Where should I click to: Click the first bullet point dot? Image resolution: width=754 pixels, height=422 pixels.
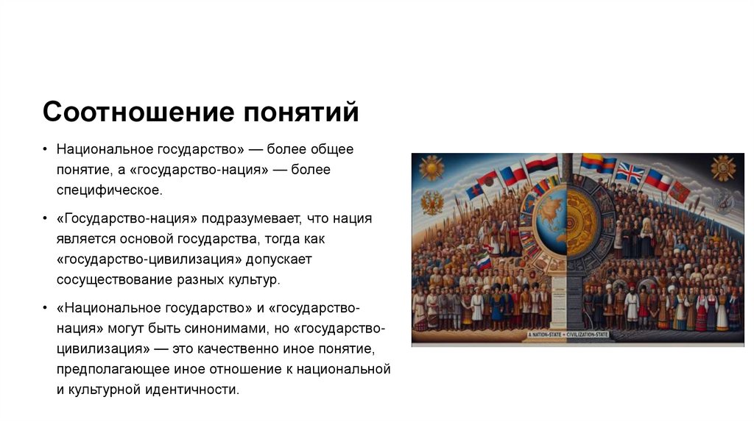[x=45, y=150]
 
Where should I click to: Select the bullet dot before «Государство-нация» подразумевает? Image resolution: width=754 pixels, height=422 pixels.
[x=45, y=219]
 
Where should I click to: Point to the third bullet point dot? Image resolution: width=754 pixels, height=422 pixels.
[x=45, y=307]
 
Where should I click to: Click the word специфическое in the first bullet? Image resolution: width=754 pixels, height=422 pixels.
[x=108, y=191]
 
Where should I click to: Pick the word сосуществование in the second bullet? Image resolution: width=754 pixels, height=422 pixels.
[x=111, y=280]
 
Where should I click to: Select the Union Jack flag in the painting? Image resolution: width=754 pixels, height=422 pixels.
[x=629, y=173]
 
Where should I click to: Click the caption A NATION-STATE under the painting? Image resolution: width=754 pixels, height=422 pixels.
[x=543, y=335]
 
